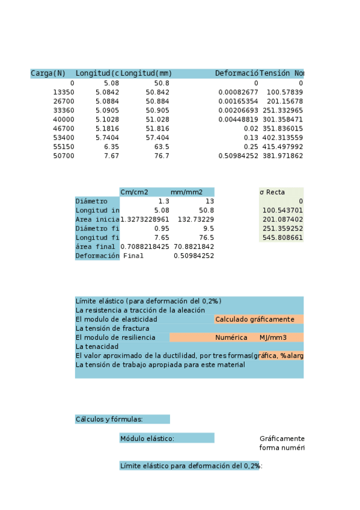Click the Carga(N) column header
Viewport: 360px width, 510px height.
click(48, 73)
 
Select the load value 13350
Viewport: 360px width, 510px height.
click(64, 92)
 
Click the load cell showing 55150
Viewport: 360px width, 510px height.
click(64, 146)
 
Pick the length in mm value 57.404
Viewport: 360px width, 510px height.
click(158, 137)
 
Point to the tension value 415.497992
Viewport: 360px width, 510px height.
click(281, 146)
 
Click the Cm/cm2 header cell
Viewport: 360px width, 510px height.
click(135, 192)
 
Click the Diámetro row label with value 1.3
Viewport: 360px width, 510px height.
click(92, 201)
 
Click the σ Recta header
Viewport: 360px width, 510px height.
click(272, 192)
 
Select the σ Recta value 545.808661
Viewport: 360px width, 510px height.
click(282, 238)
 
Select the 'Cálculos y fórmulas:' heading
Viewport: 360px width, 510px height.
click(109, 419)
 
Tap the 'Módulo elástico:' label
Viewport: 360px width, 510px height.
click(147, 438)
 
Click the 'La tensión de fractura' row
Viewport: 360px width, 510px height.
click(113, 328)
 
